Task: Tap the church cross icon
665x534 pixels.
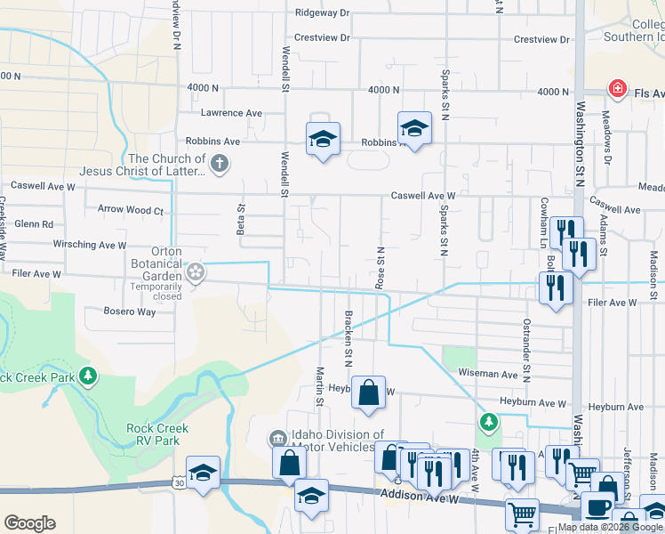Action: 220,164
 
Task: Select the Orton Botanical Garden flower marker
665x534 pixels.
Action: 196,271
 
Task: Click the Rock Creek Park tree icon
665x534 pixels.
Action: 87,376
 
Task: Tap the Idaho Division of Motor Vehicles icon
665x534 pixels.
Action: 276,439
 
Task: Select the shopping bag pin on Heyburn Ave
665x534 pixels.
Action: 369,392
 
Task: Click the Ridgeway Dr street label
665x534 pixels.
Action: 324,13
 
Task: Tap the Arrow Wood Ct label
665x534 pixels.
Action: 131,211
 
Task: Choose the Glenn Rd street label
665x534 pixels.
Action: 34,224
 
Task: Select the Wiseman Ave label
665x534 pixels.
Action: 486,375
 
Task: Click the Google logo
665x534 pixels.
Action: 30,523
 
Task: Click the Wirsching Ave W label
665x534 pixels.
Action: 91,245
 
